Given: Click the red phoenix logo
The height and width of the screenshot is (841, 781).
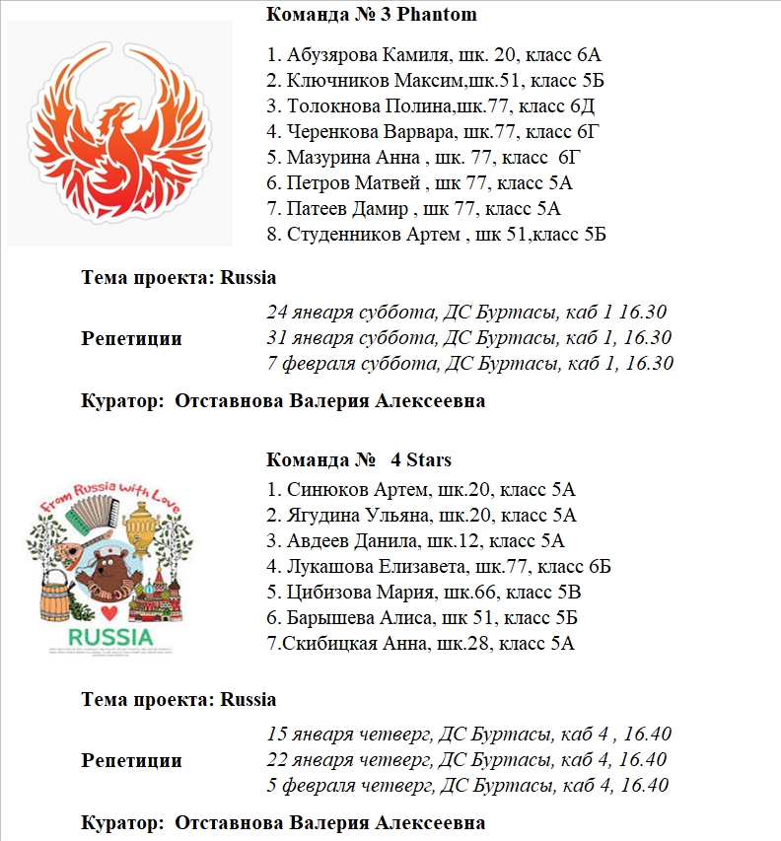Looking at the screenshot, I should (118, 133).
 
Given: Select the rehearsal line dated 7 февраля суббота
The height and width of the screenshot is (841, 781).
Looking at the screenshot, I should (469, 364).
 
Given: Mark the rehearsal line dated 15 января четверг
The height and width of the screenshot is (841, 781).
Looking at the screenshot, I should (468, 735).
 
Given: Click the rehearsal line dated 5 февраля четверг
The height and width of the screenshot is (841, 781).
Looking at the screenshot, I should (467, 786).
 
